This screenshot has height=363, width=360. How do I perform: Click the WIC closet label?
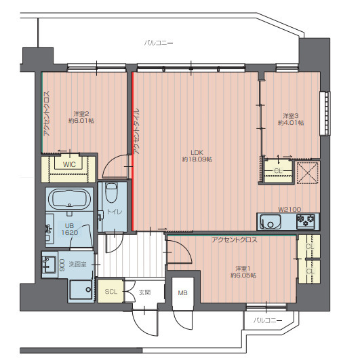coord(69,164)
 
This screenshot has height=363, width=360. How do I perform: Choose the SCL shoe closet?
coord(111,292)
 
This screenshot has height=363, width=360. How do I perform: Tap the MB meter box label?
coord(182,293)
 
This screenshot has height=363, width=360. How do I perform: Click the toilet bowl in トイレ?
coord(111,193)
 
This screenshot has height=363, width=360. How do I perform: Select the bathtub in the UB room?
coord(69,199)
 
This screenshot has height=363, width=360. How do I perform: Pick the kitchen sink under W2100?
coord(271,222)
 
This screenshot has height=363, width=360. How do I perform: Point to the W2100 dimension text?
coord(289,210)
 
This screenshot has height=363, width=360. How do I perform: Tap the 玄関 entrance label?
coord(144,292)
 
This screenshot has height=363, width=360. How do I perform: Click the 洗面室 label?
coord(77,264)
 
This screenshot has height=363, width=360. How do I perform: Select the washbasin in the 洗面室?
coord(49,265)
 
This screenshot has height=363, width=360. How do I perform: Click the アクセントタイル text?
coord(136,131)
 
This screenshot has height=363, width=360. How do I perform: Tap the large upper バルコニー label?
coord(159,43)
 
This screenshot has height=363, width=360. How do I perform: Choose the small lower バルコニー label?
coord(268,320)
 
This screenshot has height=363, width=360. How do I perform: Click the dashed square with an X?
coord(308,173)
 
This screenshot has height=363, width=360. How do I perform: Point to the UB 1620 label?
coord(69,229)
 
